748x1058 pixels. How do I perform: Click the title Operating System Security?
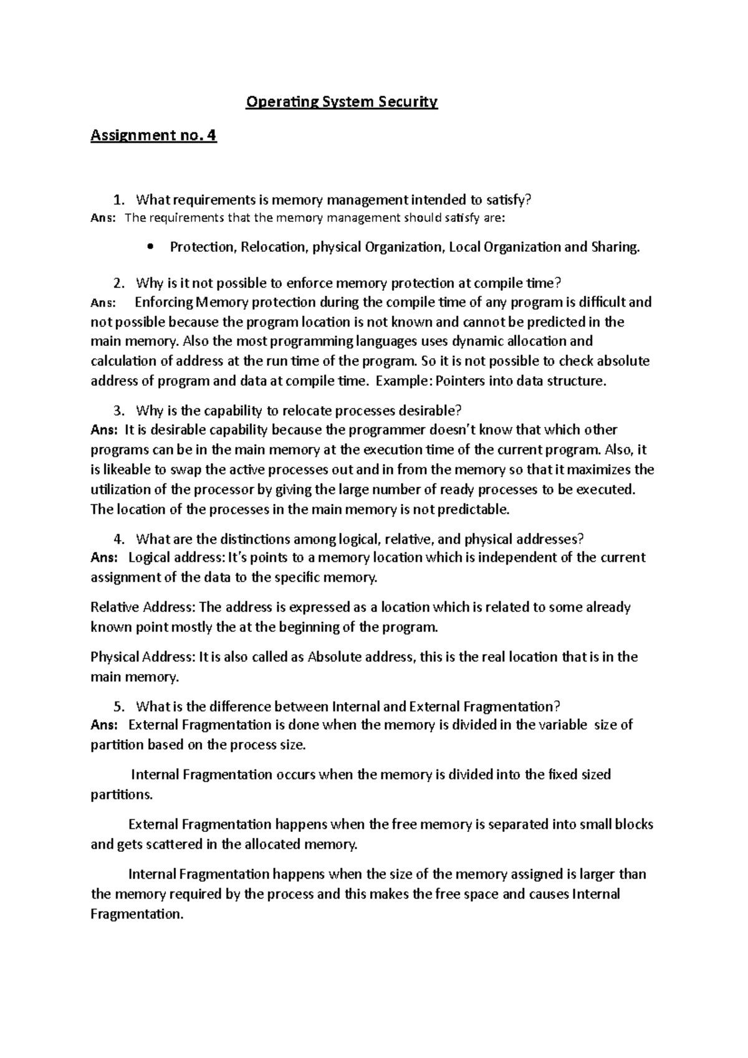click(x=342, y=102)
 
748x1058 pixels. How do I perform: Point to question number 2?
click(x=119, y=284)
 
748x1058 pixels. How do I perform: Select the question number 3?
click(x=119, y=411)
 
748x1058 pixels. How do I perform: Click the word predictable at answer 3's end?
click(x=474, y=510)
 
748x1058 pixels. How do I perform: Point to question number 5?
click(x=119, y=707)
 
